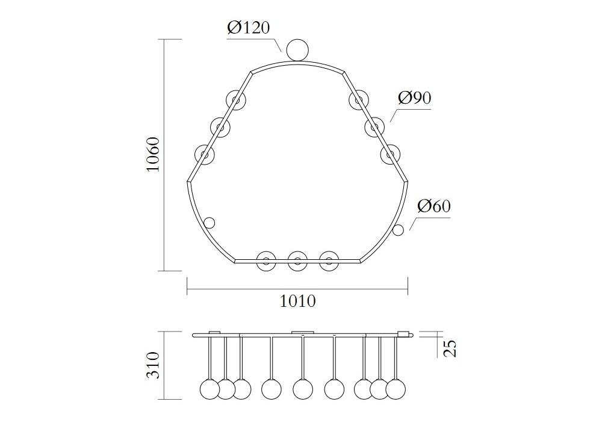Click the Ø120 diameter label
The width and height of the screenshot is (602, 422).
click(249, 27)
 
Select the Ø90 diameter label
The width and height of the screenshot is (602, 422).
click(415, 98)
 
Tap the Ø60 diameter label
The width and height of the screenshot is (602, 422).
click(434, 206)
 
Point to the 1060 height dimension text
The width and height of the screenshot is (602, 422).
click(153, 154)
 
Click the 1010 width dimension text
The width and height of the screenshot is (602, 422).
click(297, 301)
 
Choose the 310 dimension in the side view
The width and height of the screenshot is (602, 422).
click(153, 365)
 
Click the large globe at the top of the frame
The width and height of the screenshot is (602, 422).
click(297, 51)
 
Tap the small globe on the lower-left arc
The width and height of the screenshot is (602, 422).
click(209, 223)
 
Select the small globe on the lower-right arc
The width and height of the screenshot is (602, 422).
click(398, 230)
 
